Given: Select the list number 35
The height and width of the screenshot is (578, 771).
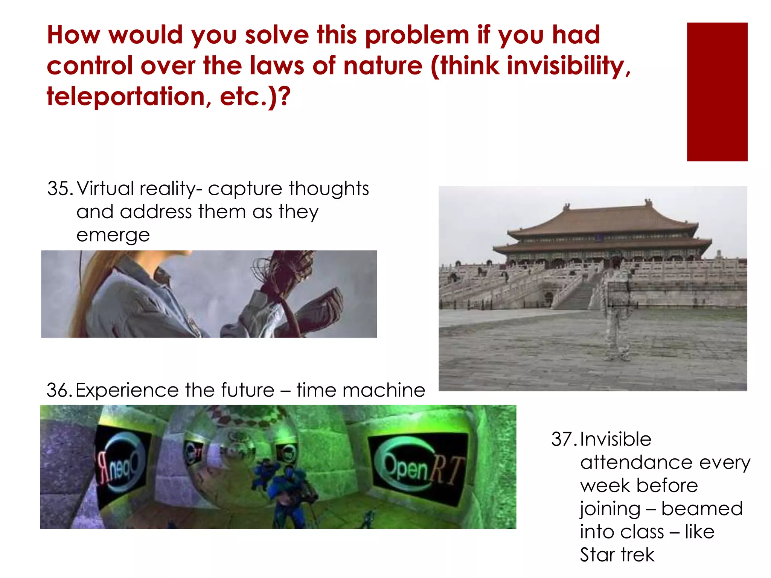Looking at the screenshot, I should click(59, 189).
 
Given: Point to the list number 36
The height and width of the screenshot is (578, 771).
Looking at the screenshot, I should click(59, 390).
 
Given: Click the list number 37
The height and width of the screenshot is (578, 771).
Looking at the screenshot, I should click(563, 439).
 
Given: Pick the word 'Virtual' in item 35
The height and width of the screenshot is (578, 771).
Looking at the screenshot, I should click(105, 189).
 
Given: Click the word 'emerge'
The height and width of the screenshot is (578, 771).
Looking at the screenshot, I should click(113, 236).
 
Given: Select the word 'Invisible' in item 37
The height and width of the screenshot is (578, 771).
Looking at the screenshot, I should click(616, 439).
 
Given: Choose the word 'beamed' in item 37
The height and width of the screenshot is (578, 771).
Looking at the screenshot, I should click(702, 509).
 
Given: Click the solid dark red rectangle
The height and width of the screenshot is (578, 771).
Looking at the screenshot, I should click(717, 92).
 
